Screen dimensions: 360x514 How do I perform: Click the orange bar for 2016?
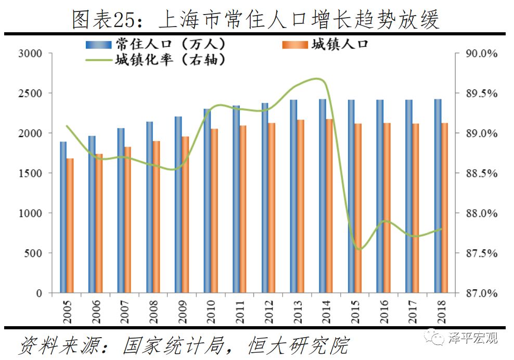pos(387,208)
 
